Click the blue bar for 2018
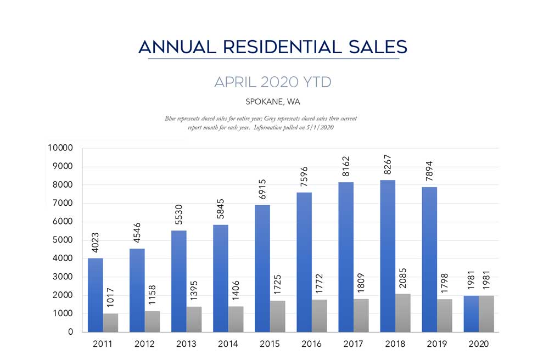tap(387, 256)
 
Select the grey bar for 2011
tap(110, 323)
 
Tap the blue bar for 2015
tap(262, 268)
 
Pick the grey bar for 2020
tap(486, 314)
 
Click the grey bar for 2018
tap(402, 313)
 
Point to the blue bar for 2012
tap(137, 290)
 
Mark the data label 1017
tap(110, 299)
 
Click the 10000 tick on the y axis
tap(61, 148)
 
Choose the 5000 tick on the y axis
tap(63, 240)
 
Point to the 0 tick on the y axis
tap(70, 332)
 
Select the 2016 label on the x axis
tap(311, 344)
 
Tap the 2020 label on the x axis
tap(478, 344)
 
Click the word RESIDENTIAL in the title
tap(273, 47)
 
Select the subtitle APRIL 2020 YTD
tap(273, 83)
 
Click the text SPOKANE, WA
tap(273, 102)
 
